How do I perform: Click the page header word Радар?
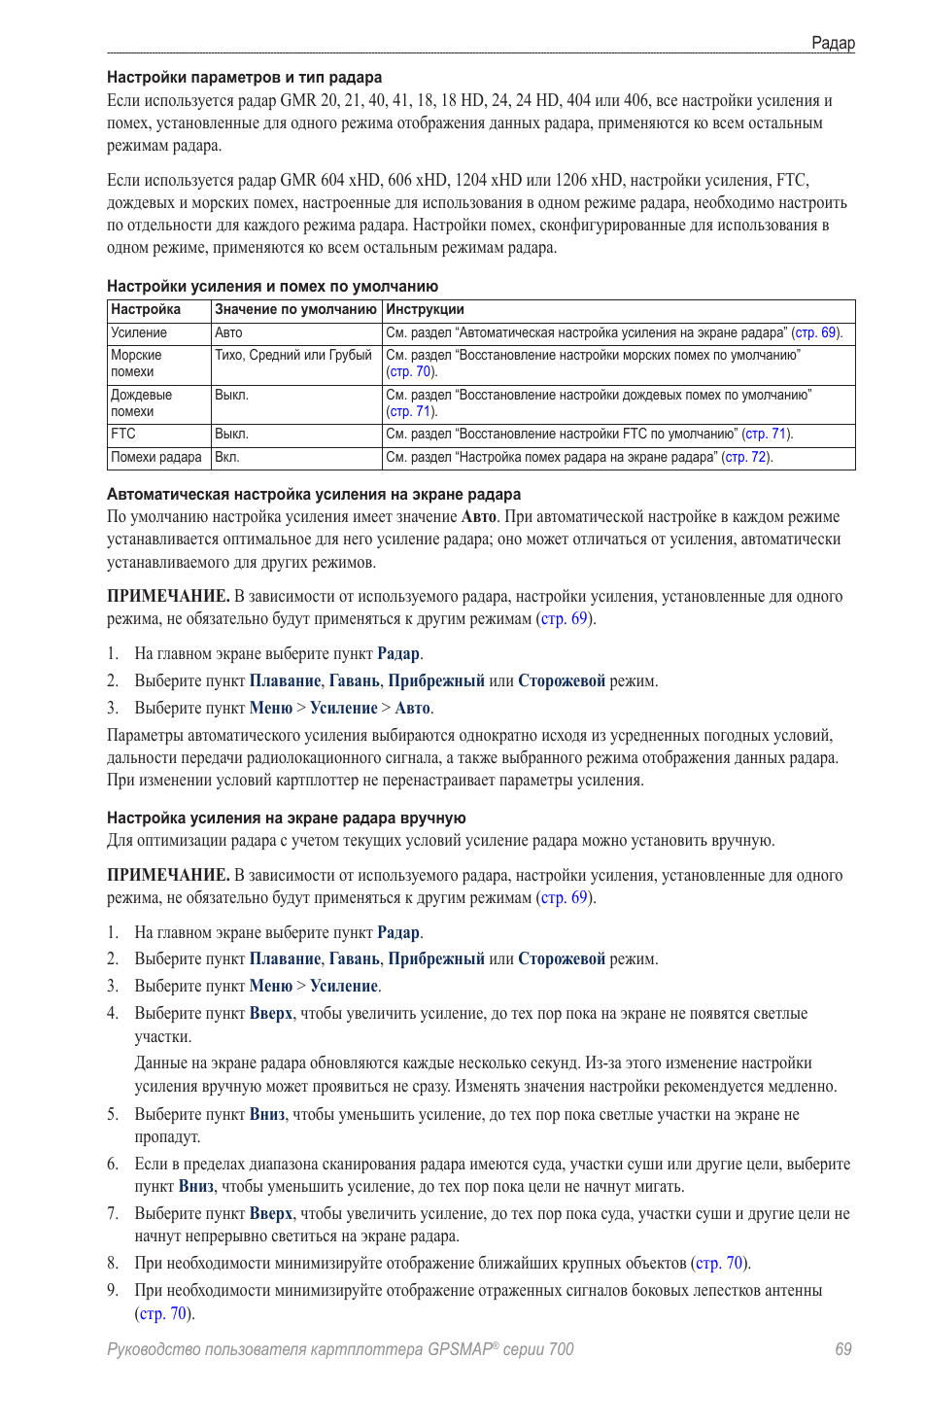[x=833, y=43]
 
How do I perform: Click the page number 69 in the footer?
[x=842, y=1349]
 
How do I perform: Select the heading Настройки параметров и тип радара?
[x=244, y=78]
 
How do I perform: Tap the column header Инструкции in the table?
[x=425, y=309]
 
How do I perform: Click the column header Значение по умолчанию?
[x=295, y=309]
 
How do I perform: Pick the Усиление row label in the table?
[x=139, y=332]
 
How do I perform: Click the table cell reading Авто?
[x=228, y=332]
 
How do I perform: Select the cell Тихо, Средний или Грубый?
[x=293, y=355]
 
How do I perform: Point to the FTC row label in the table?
[x=123, y=434]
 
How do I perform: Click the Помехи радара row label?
[x=156, y=457]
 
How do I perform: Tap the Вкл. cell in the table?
[x=227, y=457]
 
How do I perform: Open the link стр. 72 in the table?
[x=746, y=457]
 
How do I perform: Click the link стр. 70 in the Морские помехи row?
[x=411, y=371]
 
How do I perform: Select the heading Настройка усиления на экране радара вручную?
[x=287, y=818]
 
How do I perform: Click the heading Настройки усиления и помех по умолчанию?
[x=272, y=287]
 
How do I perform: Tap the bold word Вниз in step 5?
[x=267, y=1115]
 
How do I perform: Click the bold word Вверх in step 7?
[x=271, y=1214]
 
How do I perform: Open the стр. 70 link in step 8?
[x=720, y=1264]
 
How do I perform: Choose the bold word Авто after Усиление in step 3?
[x=412, y=709]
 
